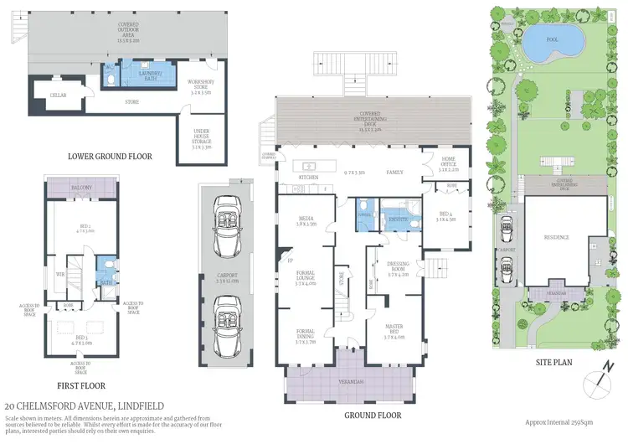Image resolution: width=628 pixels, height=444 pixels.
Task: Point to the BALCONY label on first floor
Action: point(81,188)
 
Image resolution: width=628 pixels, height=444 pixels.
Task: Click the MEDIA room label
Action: point(306,221)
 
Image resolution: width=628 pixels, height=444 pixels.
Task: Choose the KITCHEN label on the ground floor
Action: point(309,178)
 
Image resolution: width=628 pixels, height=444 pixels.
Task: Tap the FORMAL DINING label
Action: point(306,338)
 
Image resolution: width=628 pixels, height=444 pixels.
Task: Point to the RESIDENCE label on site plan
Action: point(556,237)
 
